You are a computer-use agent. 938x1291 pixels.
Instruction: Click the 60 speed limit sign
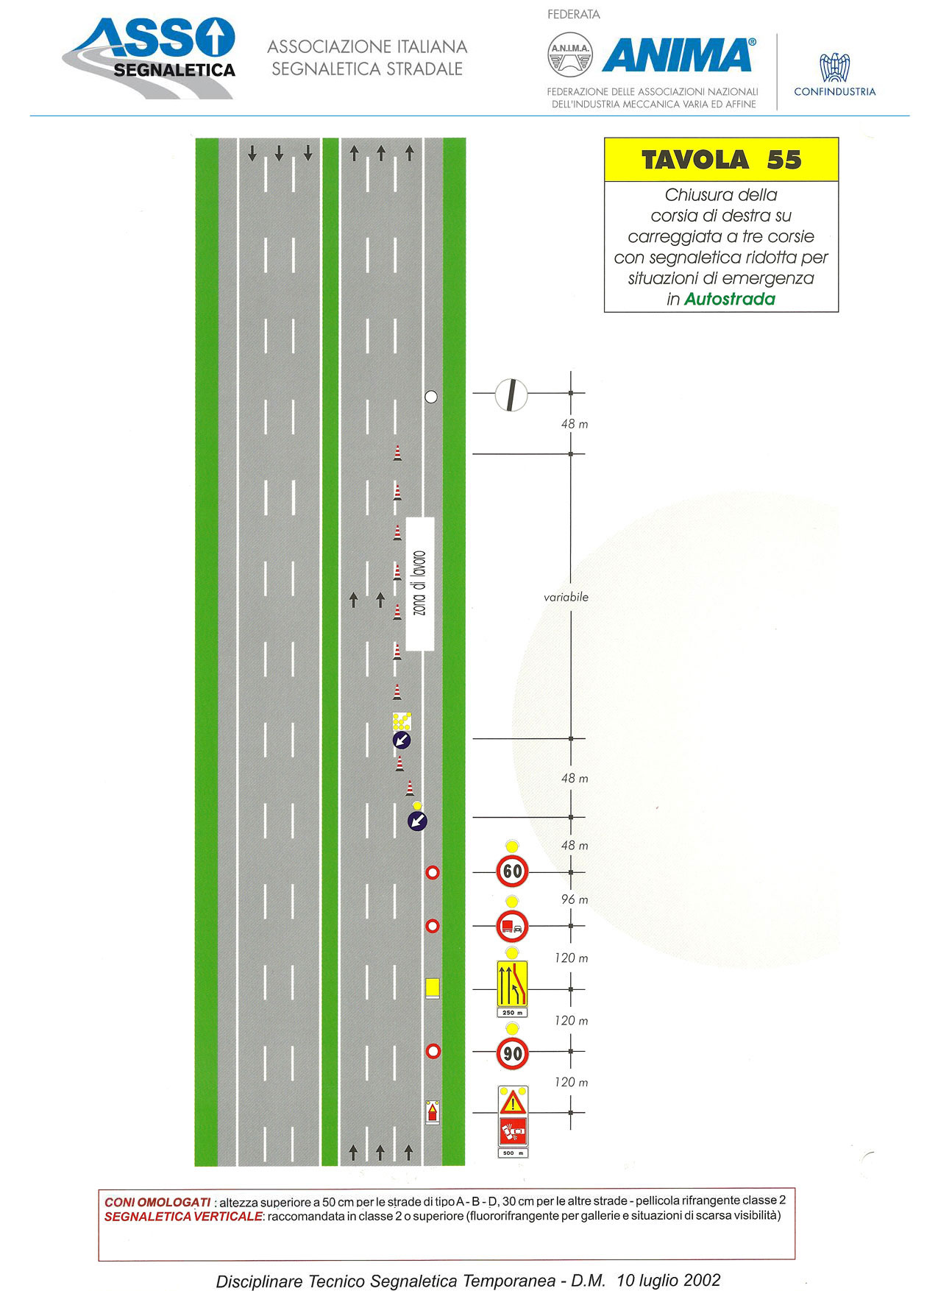click(512, 871)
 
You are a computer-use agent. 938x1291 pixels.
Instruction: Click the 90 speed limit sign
click(512, 1053)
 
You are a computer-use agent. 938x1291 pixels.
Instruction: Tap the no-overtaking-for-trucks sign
click(512, 927)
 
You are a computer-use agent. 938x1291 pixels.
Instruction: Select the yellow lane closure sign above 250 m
click(512, 984)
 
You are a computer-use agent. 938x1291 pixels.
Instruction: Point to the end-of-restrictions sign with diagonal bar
click(511, 395)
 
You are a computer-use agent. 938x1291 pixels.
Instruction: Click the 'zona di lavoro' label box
click(420, 584)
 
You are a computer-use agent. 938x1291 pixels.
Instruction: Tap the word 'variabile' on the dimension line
click(566, 597)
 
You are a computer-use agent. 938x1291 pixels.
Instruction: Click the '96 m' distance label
click(575, 899)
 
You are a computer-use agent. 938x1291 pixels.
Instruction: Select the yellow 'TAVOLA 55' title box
click(721, 160)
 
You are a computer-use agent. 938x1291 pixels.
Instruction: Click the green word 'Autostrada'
click(730, 299)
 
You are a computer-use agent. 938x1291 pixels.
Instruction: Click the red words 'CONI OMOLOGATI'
click(157, 1202)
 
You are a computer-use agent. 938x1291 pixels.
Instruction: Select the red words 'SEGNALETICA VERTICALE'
click(183, 1217)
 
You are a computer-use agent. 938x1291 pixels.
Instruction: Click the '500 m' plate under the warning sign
click(513, 1153)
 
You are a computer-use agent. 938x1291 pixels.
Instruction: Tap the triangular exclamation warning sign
click(513, 1103)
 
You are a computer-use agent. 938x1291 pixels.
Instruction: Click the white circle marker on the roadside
click(431, 397)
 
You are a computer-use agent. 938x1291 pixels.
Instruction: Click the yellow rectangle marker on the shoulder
click(433, 987)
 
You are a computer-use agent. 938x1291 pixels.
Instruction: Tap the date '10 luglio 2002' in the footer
click(668, 1280)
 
